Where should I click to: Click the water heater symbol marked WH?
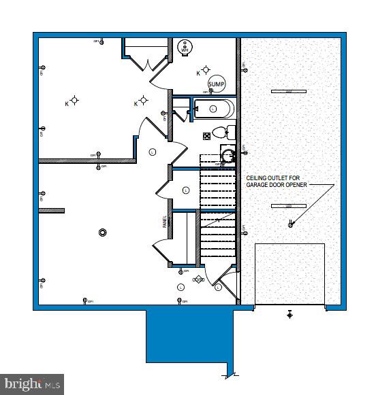(185, 48)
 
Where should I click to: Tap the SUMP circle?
(216, 84)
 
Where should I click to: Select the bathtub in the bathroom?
(213, 109)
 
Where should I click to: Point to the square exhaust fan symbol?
(207, 136)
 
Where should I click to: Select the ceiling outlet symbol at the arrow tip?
(291, 224)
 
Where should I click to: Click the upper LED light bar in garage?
(289, 91)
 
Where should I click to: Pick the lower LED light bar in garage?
(289, 205)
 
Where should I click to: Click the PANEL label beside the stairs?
(164, 220)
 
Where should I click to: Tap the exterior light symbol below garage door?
(289, 314)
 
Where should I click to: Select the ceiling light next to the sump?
(206, 71)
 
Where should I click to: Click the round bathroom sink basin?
(228, 156)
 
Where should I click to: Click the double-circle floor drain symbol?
(103, 233)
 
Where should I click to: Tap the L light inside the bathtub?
(213, 109)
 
